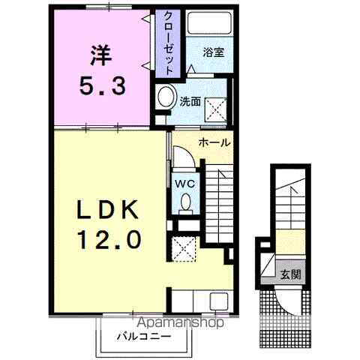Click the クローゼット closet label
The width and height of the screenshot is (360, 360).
coord(169,42)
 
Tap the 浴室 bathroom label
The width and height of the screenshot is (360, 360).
coord(212,53)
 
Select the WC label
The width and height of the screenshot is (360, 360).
coord(184,182)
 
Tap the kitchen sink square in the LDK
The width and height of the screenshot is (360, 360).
coord(217,301)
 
